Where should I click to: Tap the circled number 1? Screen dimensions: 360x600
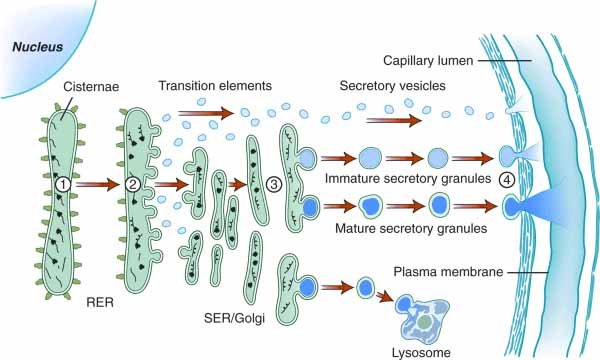(62, 184)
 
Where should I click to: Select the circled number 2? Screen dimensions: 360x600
(134, 183)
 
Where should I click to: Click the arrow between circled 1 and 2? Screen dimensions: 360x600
(97, 184)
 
